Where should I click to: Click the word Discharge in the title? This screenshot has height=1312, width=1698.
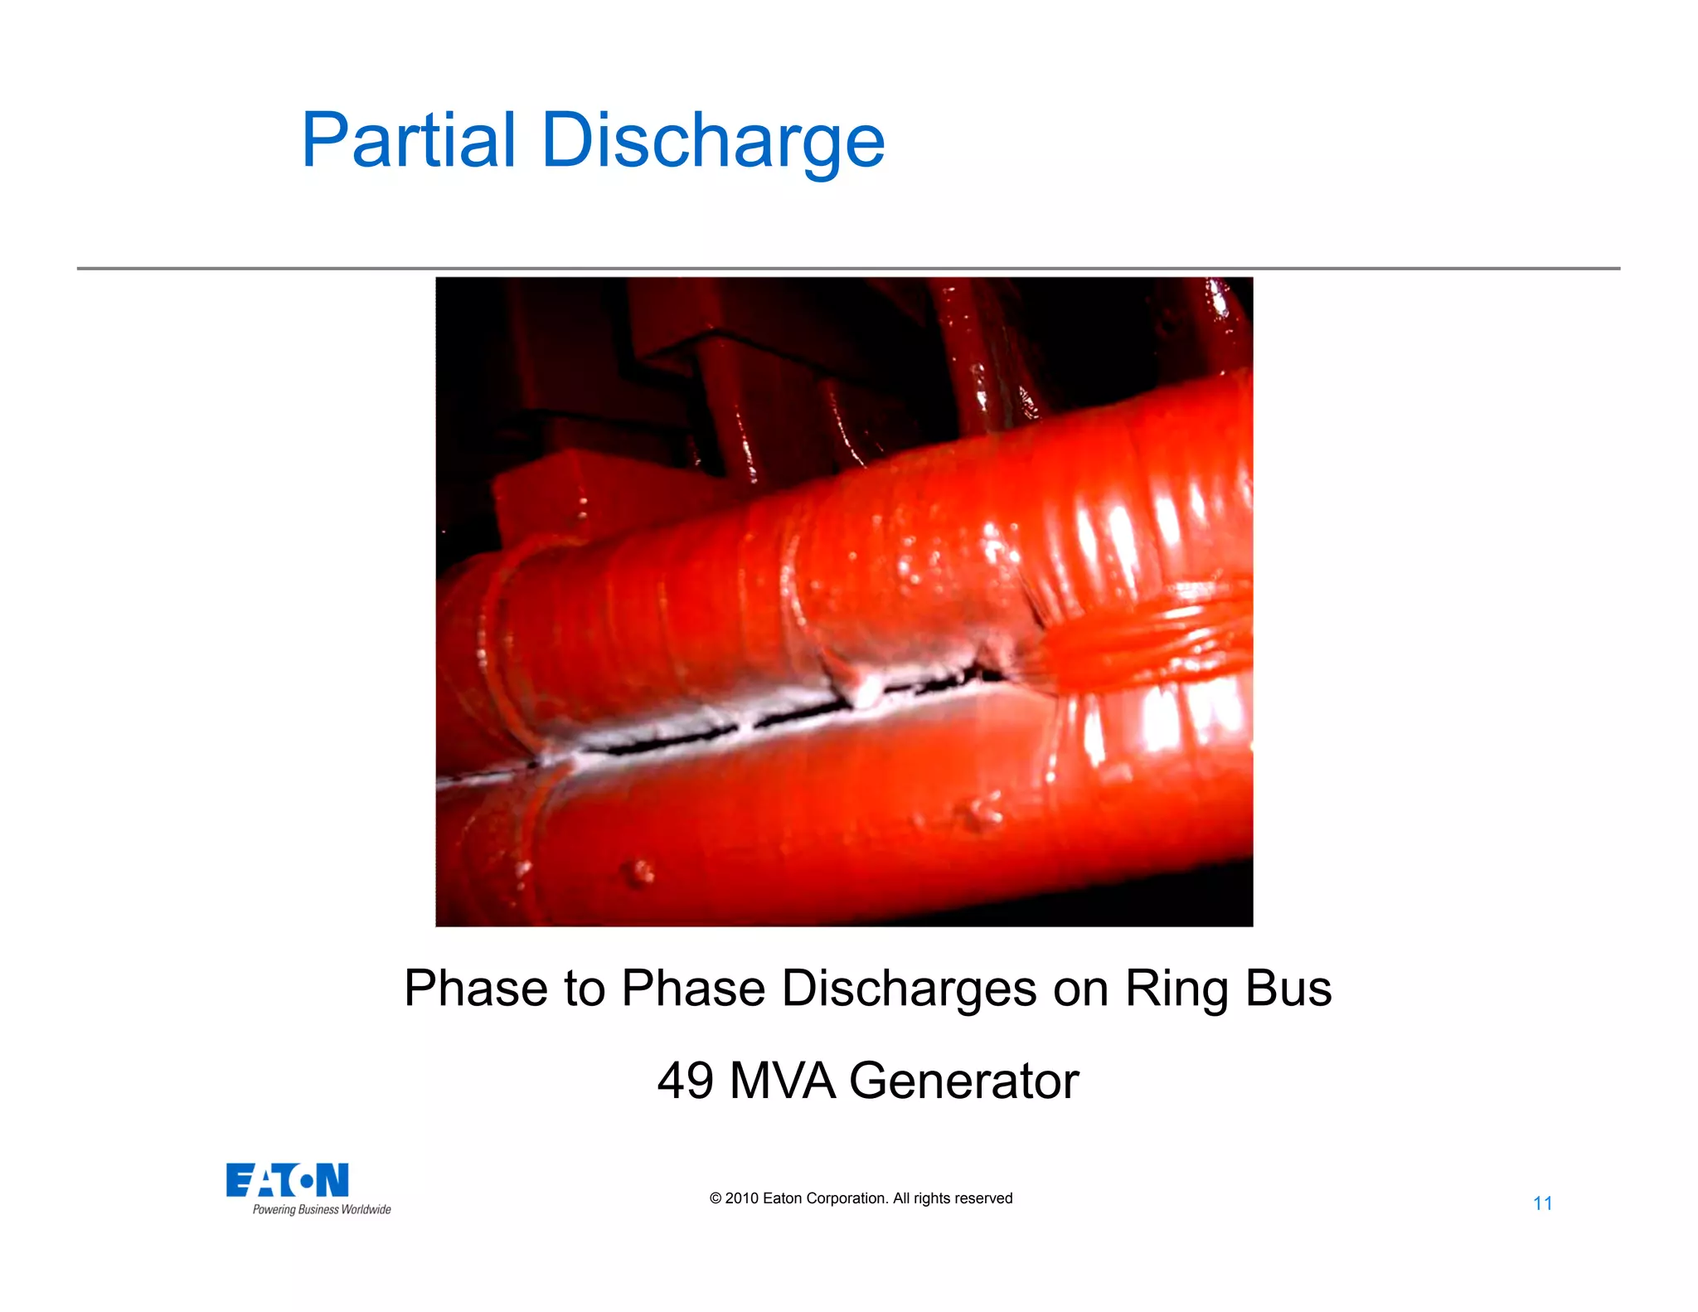coord(713,141)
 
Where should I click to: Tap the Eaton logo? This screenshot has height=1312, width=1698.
coord(288,1180)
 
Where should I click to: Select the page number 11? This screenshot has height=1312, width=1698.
coord(1542,1203)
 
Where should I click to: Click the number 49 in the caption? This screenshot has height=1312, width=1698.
coord(685,1081)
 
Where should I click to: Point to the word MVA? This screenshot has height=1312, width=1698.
coord(783,1081)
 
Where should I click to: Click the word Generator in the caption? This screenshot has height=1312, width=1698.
coord(963,1081)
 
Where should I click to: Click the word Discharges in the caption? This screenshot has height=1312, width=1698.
coord(910,989)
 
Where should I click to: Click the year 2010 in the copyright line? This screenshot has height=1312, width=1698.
coord(741,1198)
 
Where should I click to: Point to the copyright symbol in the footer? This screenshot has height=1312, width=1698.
coord(716,1198)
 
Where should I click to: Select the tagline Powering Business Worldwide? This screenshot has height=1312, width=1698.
coord(322,1210)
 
